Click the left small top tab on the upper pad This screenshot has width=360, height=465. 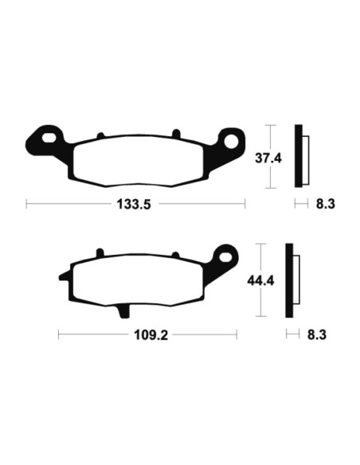(100, 135)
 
